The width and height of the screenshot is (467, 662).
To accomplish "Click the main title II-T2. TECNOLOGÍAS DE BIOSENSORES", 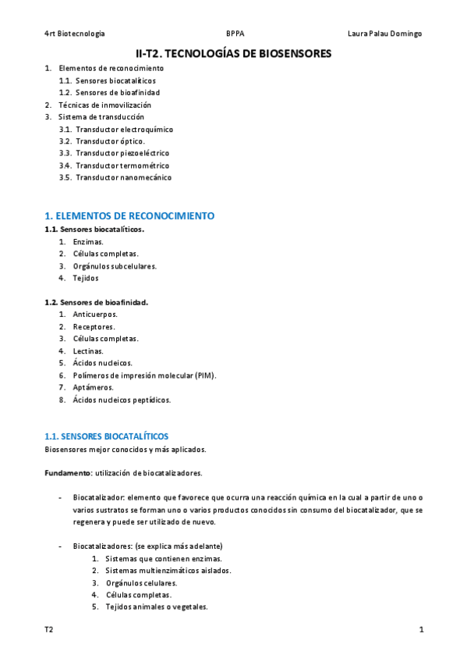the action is (x=233, y=53).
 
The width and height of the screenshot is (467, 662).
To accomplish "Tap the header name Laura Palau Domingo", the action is (x=384, y=34).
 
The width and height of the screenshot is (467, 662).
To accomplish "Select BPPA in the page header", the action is (x=234, y=34).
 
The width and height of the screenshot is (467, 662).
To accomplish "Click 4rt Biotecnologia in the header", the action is (x=75, y=34).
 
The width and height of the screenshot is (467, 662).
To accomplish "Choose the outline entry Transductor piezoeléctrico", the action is (x=122, y=153).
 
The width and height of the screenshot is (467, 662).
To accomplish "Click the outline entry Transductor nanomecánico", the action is (x=123, y=177).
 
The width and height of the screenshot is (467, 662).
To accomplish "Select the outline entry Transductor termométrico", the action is (x=122, y=165).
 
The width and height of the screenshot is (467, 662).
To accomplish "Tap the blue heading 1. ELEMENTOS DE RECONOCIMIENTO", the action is (x=129, y=215).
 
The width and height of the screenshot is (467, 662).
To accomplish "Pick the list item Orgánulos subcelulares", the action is (x=115, y=266).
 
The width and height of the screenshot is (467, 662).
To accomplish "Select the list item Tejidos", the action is (x=86, y=278).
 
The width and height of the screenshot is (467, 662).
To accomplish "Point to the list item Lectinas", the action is (x=88, y=351).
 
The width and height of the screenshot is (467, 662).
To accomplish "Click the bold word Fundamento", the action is (x=68, y=473).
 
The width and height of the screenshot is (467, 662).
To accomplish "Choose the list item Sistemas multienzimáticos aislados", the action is (x=168, y=571).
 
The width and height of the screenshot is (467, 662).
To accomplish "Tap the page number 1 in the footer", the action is (x=421, y=629).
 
